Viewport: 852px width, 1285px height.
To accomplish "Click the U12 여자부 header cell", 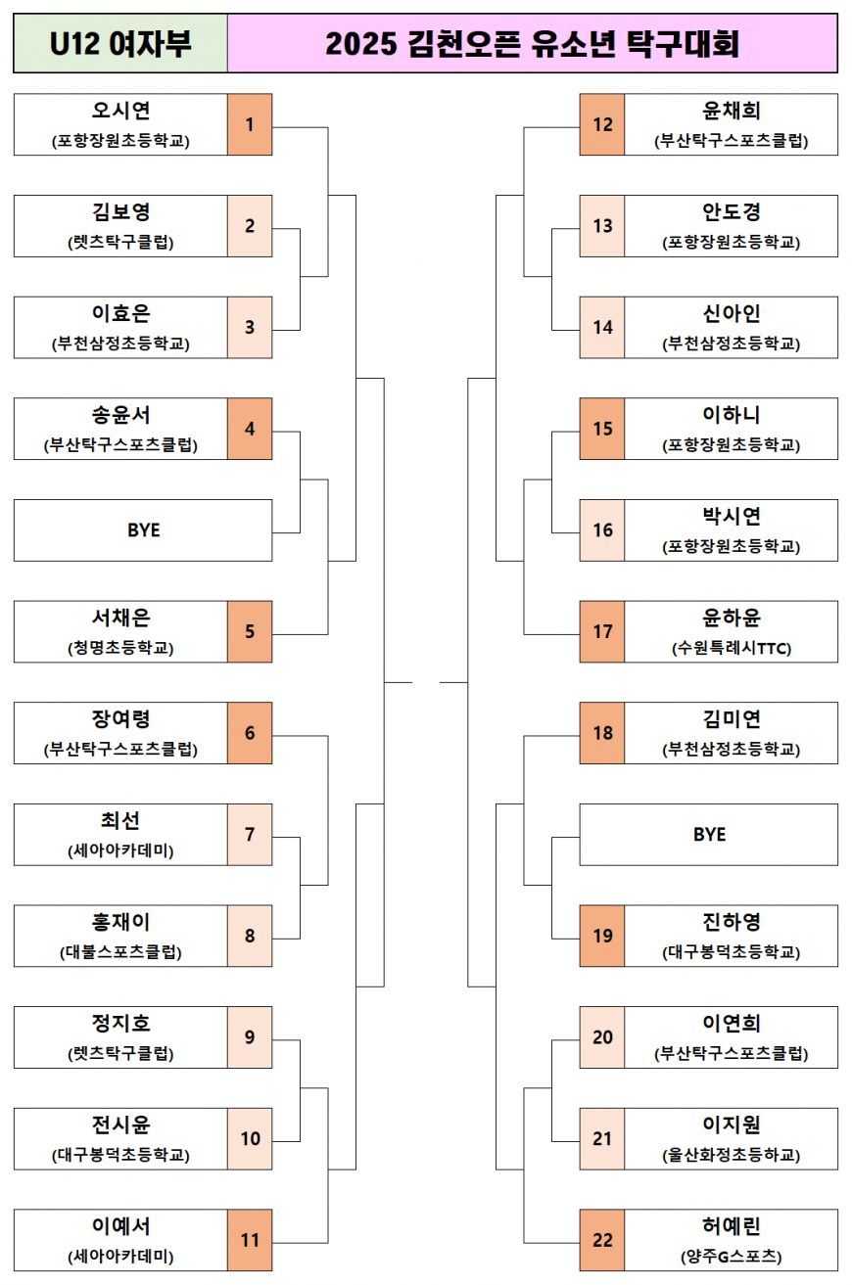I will pyautogui.click(x=120, y=44).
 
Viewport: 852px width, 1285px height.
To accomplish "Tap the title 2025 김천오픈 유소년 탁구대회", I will pyautogui.click(x=532, y=44).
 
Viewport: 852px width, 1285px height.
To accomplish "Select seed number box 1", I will pyautogui.click(x=250, y=124).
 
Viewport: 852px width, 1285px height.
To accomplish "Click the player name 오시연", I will pyautogui.click(x=120, y=111).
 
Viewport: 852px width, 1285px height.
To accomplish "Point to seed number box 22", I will pyautogui.click(x=602, y=1240).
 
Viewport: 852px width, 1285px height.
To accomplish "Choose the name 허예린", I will pyautogui.click(x=732, y=1226).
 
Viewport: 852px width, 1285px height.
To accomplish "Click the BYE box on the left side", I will pyautogui.click(x=143, y=530).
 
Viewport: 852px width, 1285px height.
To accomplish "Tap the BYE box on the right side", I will pyautogui.click(x=709, y=835).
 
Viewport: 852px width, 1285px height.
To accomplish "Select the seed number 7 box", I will pyautogui.click(x=250, y=835).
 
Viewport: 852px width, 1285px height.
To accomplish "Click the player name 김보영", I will pyautogui.click(x=120, y=212).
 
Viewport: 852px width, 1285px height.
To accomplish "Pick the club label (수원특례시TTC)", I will pyautogui.click(x=732, y=648).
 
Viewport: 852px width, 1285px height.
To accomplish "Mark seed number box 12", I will pyautogui.click(x=602, y=124).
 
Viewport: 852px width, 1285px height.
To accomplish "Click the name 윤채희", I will pyautogui.click(x=732, y=111).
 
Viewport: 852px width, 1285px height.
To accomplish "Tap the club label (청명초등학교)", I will pyautogui.click(x=120, y=648).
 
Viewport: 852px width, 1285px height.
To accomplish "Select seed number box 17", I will pyautogui.click(x=602, y=631).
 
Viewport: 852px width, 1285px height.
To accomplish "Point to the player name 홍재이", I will pyautogui.click(x=120, y=922).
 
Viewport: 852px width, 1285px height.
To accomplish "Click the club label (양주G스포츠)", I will pyautogui.click(x=732, y=1257).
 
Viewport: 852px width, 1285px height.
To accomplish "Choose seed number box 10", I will pyautogui.click(x=250, y=1138).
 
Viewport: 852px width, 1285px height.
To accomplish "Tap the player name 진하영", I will pyautogui.click(x=732, y=922).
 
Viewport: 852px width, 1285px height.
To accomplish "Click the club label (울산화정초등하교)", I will pyautogui.click(x=732, y=1155).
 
